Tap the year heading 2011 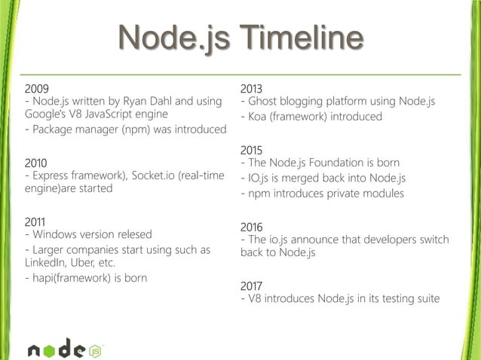(38, 222)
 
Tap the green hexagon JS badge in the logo (96, 349)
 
